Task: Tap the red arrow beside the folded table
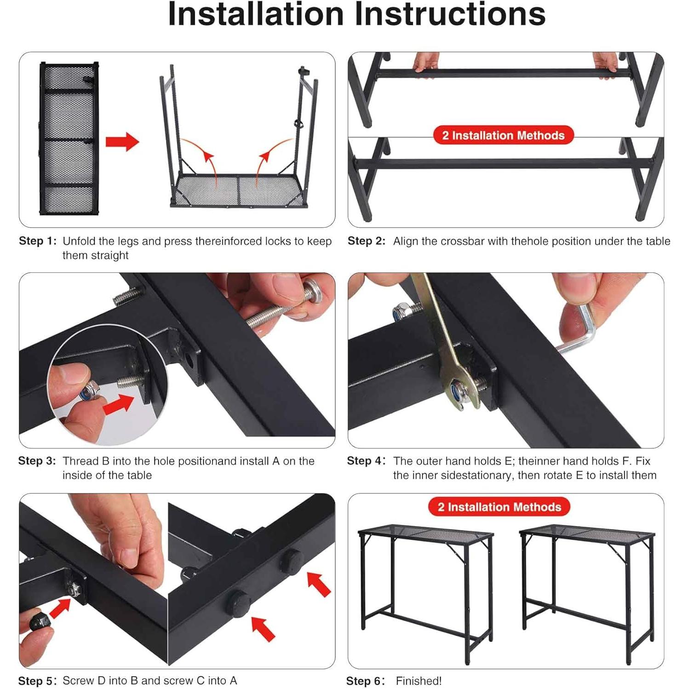pos(121,142)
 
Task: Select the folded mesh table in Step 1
pos(69,138)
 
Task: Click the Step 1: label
pos(37,241)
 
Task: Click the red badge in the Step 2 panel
pos(503,135)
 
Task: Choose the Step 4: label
pos(366,461)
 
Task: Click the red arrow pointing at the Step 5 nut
pos(60,607)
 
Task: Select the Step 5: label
pos(37,681)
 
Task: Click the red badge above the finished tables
pos(499,507)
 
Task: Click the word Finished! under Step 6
pos(419,681)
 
